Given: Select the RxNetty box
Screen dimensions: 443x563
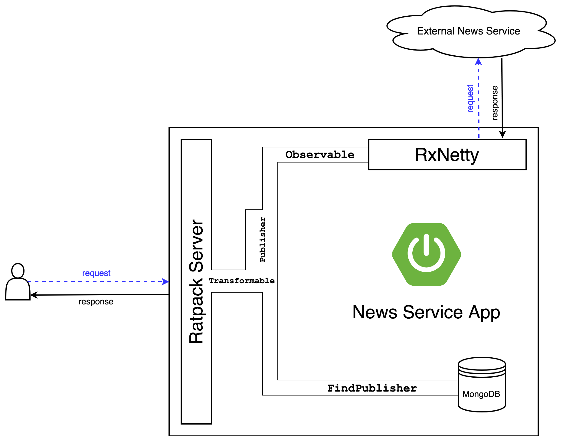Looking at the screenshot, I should coord(447,155).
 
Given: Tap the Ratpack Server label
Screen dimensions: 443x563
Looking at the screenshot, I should coord(196,281).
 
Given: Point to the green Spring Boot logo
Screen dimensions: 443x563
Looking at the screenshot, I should coord(426,254).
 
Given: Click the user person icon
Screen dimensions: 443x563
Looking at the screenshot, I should coord(18,282).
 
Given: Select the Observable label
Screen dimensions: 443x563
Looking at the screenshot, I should coord(320,155).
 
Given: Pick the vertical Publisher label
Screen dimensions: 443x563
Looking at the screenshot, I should coord(263,239).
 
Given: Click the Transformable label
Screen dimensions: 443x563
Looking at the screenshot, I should coord(242,281).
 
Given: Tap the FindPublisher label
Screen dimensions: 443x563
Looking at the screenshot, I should coord(372,388).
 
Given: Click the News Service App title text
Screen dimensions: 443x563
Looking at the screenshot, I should coord(426,312).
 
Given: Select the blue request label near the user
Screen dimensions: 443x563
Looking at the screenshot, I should coord(96,273).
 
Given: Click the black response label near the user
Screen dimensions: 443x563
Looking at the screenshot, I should coord(96,302).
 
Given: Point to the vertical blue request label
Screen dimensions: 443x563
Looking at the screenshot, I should coord(470,99).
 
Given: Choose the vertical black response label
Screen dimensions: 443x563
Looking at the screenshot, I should coord(495,103).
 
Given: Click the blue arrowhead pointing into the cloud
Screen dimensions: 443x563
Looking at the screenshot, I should coord(478,61).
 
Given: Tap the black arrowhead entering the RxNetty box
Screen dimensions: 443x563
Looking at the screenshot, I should coord(502,135).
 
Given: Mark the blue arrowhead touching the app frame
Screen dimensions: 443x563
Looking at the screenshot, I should coord(165,282).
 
